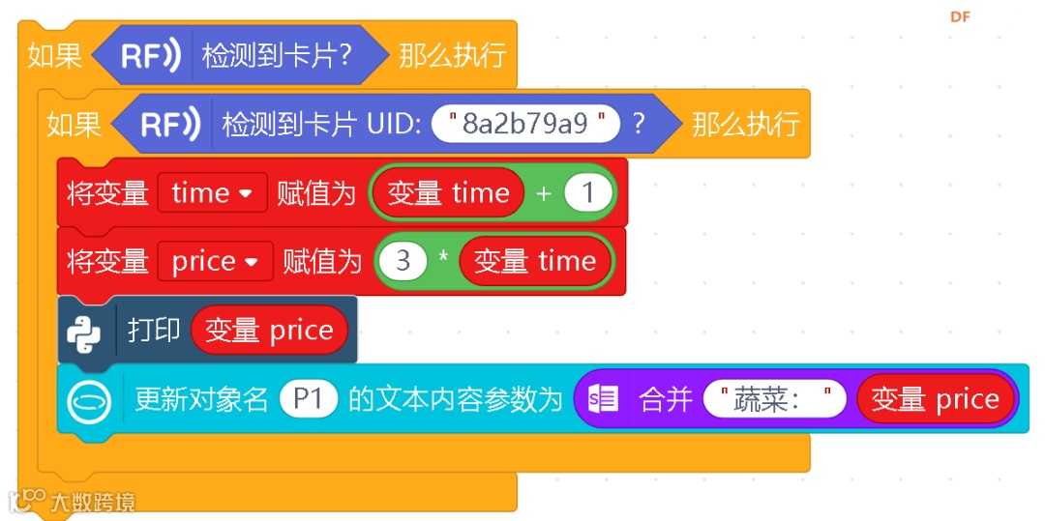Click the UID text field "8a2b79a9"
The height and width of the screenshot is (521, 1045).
tap(525, 124)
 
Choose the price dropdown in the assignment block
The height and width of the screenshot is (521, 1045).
tap(215, 261)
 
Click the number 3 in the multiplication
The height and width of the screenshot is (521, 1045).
tap(403, 261)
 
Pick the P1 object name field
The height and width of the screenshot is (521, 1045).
tap(308, 398)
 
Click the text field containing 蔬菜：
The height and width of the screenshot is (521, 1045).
tap(774, 398)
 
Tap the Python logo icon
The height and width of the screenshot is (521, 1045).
tap(84, 331)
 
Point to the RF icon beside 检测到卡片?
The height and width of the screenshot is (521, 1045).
tap(151, 56)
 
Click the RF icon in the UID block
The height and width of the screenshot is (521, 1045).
tap(171, 124)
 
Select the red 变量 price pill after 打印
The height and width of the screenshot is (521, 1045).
tap(269, 331)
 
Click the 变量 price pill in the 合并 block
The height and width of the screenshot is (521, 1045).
tap(935, 398)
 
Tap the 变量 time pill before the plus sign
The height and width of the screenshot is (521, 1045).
tap(448, 193)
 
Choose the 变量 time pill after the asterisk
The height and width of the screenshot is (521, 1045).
tap(535, 261)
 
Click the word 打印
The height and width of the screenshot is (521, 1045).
tap(154, 330)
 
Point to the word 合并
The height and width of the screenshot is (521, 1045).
tap(665, 398)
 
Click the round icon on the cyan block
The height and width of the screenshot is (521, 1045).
tap(90, 399)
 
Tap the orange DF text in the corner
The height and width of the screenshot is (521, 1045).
tap(960, 16)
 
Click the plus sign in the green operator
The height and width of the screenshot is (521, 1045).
tap(543, 193)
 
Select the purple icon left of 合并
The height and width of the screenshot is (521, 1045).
tap(603, 398)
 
